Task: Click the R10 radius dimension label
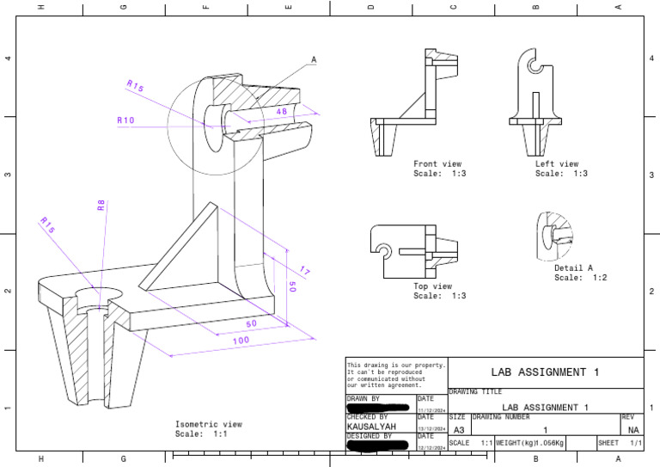(125, 121)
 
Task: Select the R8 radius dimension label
(101, 205)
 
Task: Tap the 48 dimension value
(281, 112)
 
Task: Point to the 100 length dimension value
(241, 341)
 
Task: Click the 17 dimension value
(304, 272)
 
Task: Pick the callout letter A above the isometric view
(314, 60)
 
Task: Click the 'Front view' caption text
(437, 163)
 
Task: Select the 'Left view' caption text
(557, 163)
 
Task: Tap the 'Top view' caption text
(432, 286)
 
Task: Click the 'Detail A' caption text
(573, 267)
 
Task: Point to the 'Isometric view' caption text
(209, 424)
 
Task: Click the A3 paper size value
(459, 429)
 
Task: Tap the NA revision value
(633, 429)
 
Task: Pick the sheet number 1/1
(635, 443)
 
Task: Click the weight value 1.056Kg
(546, 443)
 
